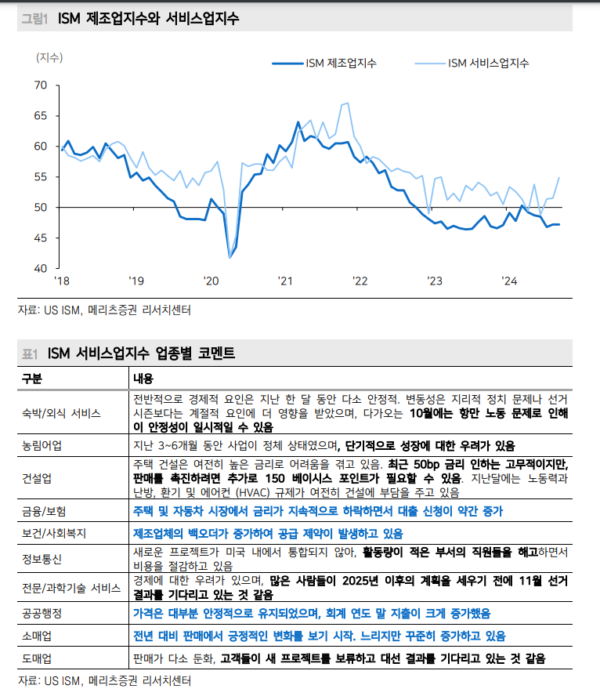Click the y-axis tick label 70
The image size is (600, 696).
click(40, 85)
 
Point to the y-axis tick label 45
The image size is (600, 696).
click(40, 237)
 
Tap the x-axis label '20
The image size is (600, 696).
click(211, 281)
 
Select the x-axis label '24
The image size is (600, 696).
click(510, 281)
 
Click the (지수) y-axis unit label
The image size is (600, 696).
click(49, 57)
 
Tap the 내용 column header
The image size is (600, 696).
click(143, 379)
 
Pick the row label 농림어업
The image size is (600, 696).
click(43, 445)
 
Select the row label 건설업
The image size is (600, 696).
click(38, 477)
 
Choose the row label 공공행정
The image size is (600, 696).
click(43, 613)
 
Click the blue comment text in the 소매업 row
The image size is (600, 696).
click(319, 635)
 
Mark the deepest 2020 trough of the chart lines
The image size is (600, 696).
click(230, 256)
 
